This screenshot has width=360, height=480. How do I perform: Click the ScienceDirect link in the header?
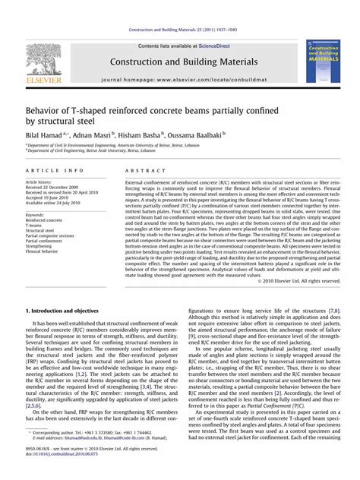point(212,46)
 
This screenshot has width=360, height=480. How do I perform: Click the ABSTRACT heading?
point(139,173)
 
